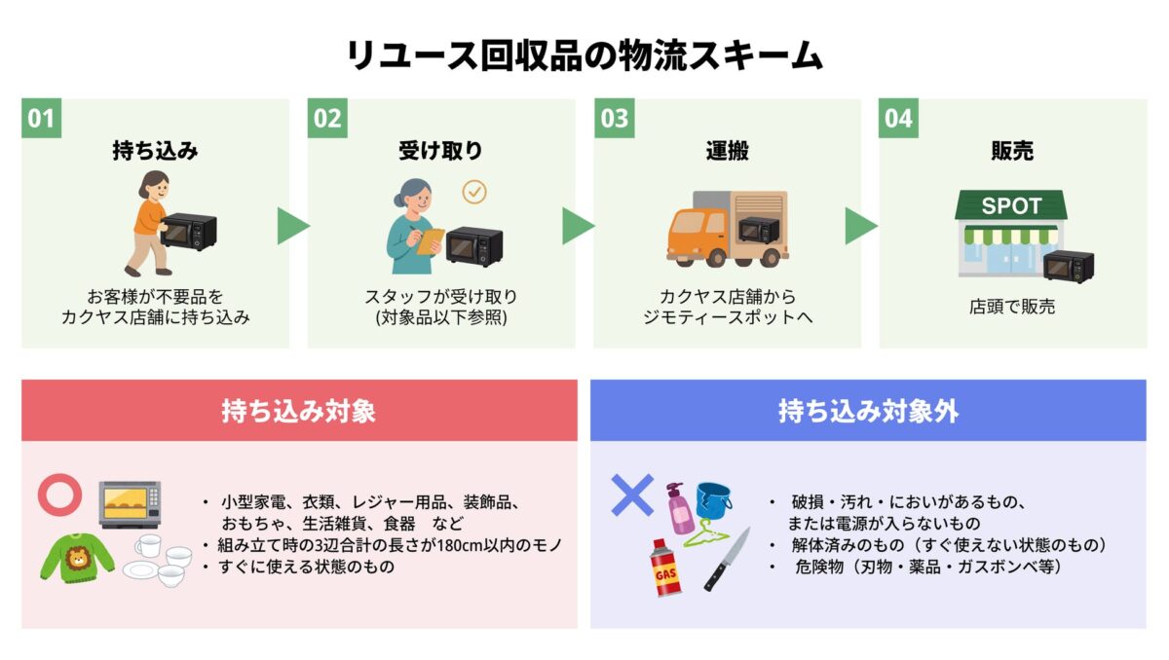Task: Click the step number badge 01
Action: pyautogui.click(x=41, y=119)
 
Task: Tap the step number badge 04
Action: pyautogui.click(x=898, y=119)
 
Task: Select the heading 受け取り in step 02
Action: pyautogui.click(x=440, y=152)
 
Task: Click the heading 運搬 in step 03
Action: pyautogui.click(x=727, y=152)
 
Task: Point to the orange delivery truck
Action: pyautogui.click(x=726, y=229)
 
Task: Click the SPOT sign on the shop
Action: pyautogui.click(x=1010, y=206)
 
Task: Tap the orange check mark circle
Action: pyautogui.click(x=474, y=192)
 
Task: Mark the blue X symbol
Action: pyautogui.click(x=631, y=495)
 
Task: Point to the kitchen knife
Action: pyautogui.click(x=728, y=559)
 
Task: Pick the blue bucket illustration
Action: pyautogui.click(x=713, y=500)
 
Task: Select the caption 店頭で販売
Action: pyautogui.click(x=1011, y=307)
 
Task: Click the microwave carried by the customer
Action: pyautogui.click(x=189, y=232)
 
